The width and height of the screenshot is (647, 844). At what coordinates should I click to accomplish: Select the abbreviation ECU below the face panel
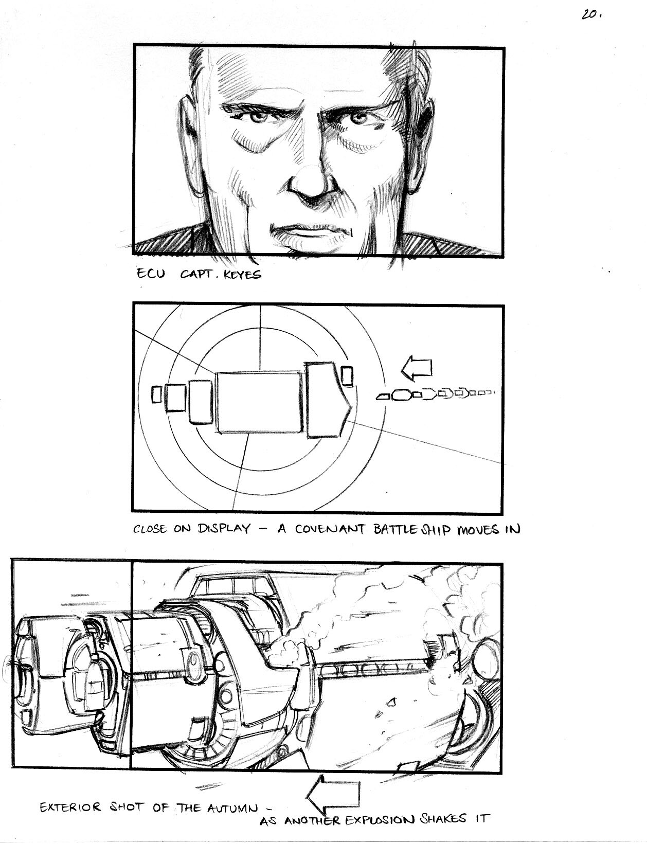click(x=151, y=274)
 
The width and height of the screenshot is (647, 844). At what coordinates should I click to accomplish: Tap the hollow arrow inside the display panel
click(x=416, y=368)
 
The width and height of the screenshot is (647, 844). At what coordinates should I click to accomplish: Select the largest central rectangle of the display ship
click(x=259, y=402)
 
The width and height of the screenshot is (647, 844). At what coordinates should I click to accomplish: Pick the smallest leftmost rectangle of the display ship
click(x=156, y=394)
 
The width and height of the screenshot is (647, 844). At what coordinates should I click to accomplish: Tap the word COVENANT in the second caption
click(x=330, y=529)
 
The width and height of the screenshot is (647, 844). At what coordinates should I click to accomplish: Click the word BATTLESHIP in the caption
click(x=413, y=530)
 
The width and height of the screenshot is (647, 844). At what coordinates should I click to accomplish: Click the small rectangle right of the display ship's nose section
click(x=347, y=375)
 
